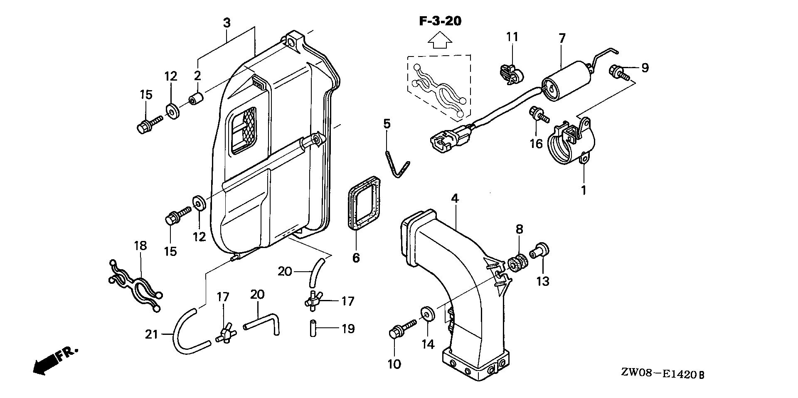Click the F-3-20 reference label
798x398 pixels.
(440, 21)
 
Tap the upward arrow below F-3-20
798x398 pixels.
(440, 42)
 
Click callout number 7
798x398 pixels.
(562, 39)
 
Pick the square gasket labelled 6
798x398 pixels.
(364, 202)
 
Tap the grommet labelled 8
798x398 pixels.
(518, 263)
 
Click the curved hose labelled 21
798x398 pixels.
(185, 332)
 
